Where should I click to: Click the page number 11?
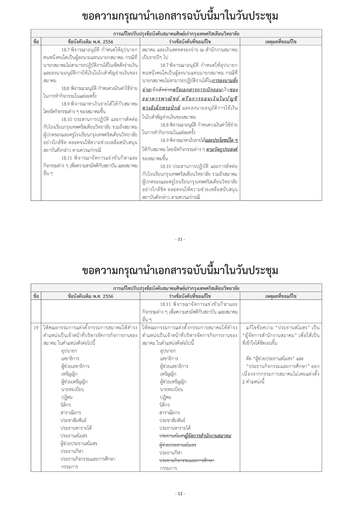(x=180, y=239)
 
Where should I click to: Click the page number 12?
(x=180, y=494)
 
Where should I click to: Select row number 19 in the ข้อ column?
(x=36, y=328)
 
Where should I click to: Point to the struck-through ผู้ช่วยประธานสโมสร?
(x=178, y=445)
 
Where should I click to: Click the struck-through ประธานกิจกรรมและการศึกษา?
(x=187, y=460)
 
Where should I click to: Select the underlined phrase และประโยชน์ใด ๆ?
(x=221, y=140)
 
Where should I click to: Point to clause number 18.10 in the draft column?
(x=165, y=167)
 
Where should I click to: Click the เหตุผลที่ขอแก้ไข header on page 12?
(x=281, y=296)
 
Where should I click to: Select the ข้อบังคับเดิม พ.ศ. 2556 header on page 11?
(x=90, y=41)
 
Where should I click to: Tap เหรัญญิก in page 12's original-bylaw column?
(x=69, y=374)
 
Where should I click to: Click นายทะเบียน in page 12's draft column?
(x=171, y=389)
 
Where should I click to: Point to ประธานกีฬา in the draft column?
(x=171, y=453)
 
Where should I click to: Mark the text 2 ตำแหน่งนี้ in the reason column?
(x=253, y=382)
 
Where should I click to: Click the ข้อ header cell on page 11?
(x=36, y=41)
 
